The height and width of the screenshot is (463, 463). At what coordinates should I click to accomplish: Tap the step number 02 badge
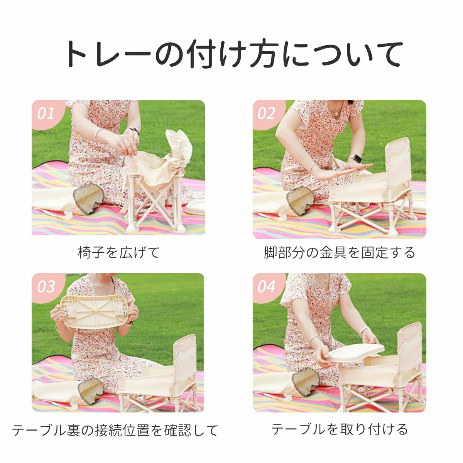(266, 113)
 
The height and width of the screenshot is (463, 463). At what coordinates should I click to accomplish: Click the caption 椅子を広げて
(119, 252)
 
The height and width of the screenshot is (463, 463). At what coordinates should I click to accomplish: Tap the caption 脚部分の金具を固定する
(339, 252)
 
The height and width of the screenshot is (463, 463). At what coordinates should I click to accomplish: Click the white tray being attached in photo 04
(356, 353)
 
